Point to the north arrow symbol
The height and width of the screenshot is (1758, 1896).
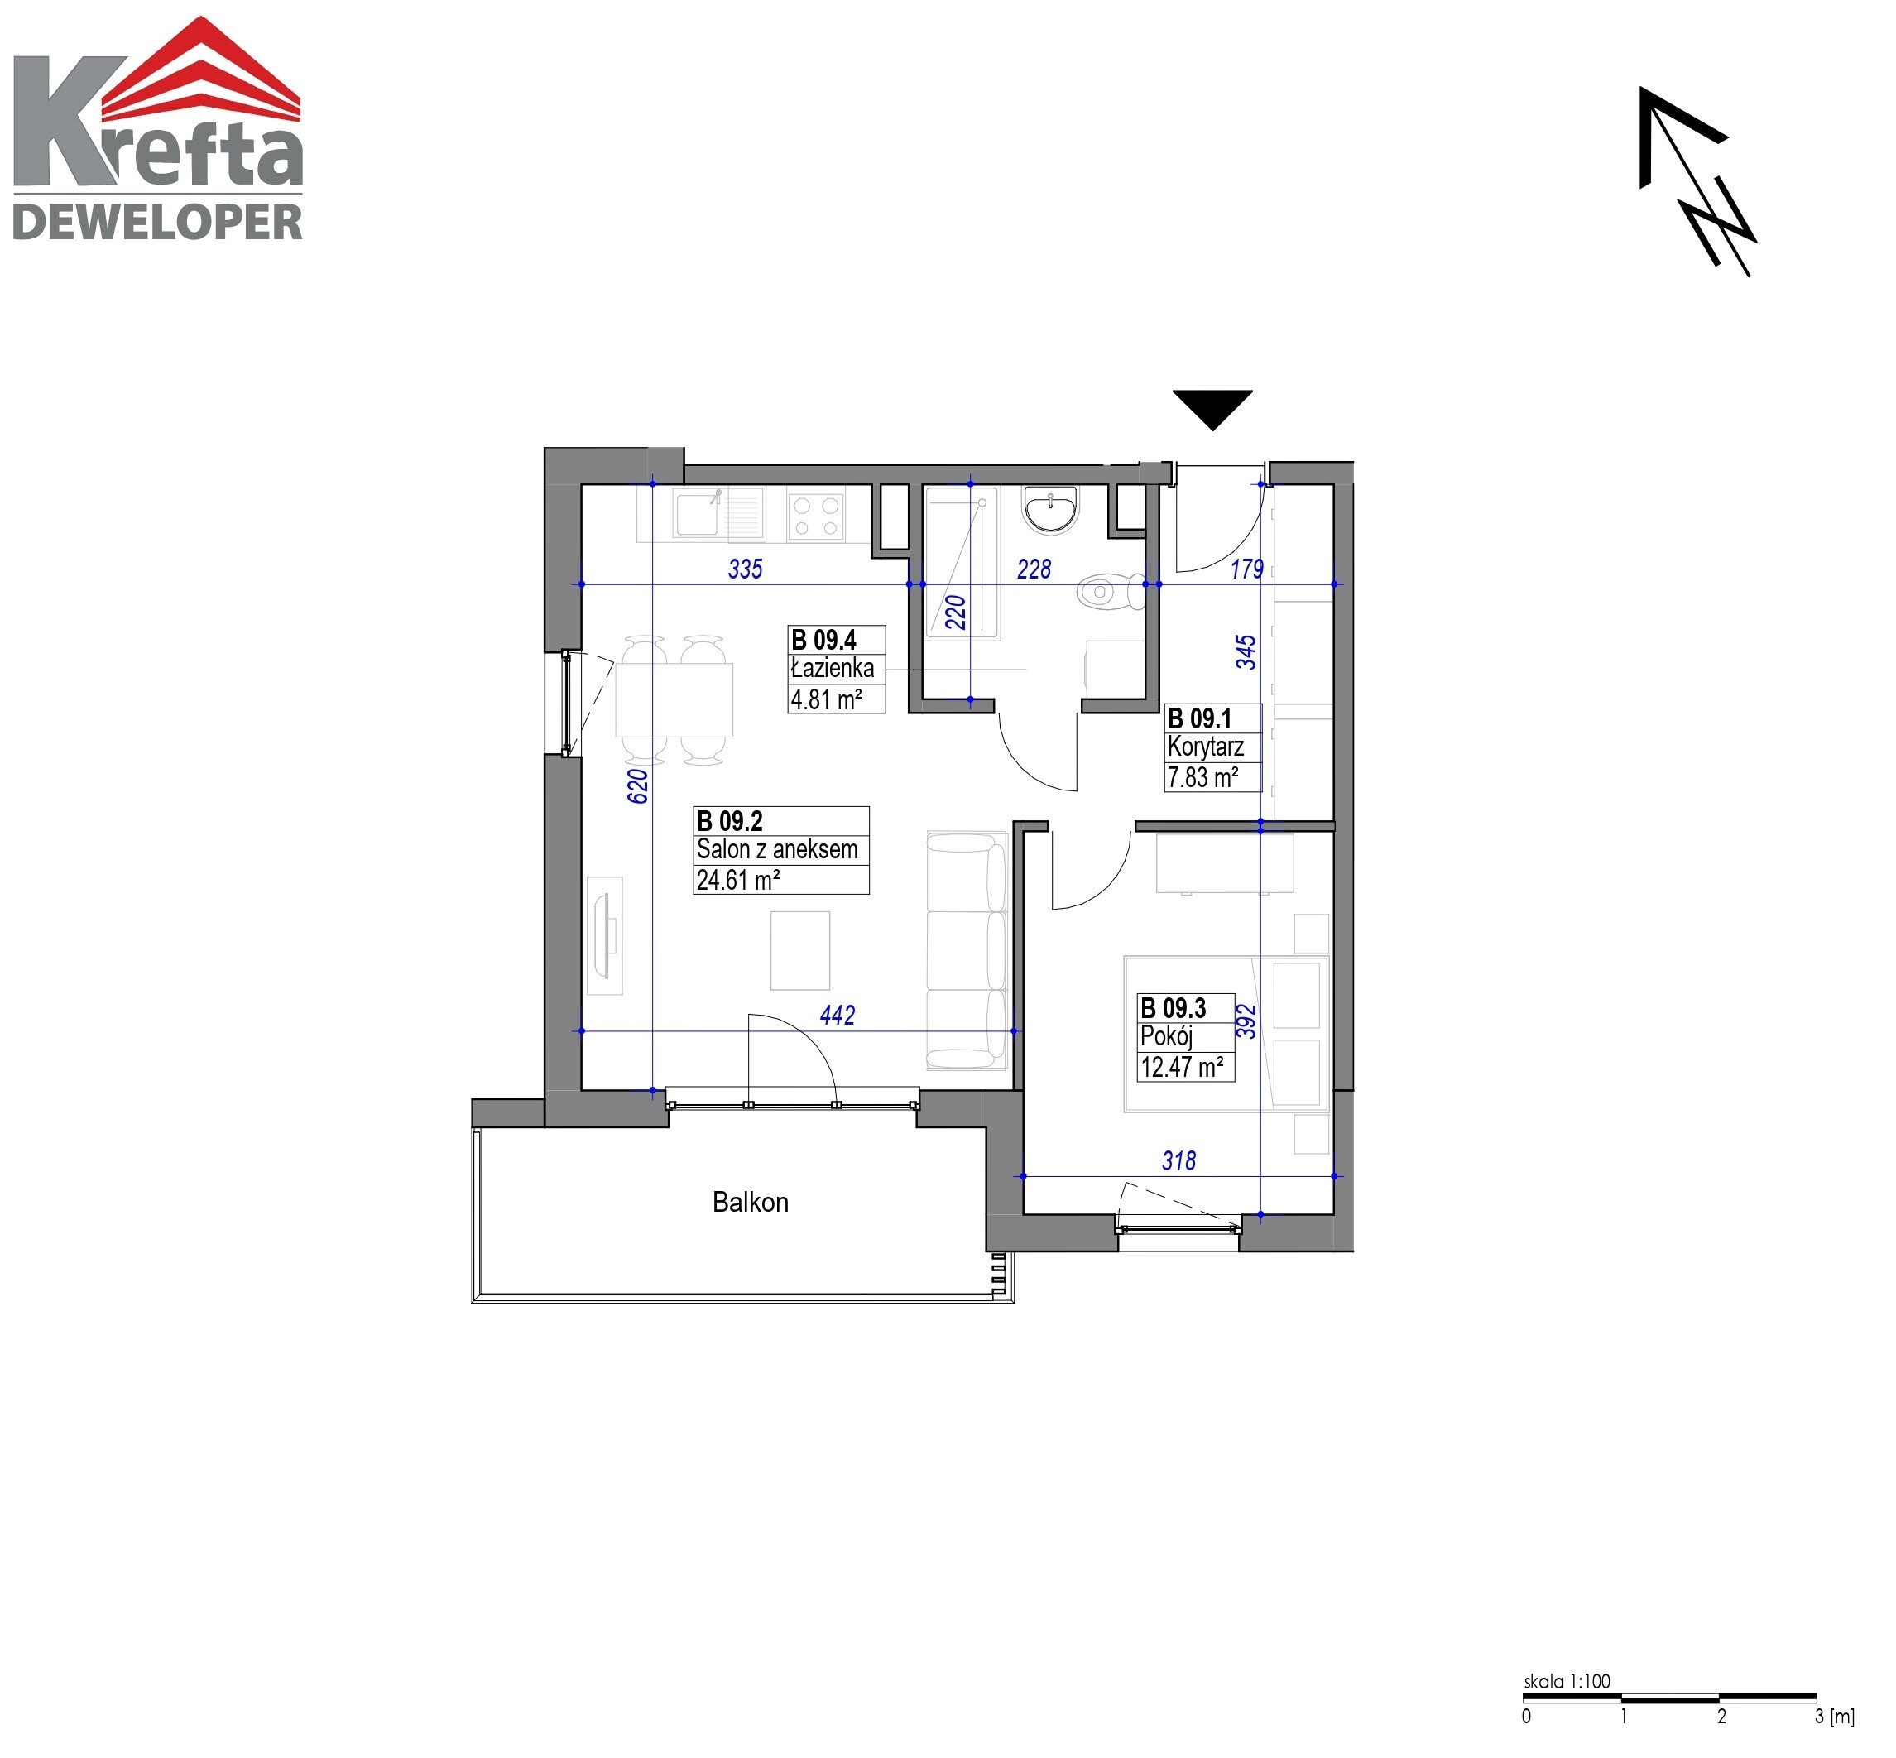pos(1697,180)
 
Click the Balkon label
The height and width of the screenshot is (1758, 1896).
pos(751,1203)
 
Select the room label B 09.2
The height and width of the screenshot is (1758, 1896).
pos(730,821)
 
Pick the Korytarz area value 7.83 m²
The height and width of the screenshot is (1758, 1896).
pos(1202,777)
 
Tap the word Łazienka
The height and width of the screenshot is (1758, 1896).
pos(833,668)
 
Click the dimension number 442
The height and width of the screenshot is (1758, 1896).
pos(838,1016)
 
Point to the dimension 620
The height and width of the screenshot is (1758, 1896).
pos(638,785)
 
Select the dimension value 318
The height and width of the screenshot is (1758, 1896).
pos(1178,1160)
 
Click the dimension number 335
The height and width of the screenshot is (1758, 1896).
pos(745,569)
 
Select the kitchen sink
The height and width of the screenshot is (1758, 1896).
pos(718,513)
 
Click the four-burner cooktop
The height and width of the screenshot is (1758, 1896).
pos(816,516)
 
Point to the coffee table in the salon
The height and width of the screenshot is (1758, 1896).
pos(800,950)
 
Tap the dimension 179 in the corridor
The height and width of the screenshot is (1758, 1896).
pos(1246,569)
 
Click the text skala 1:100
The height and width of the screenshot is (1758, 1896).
pos(1567,1681)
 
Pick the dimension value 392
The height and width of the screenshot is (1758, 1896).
pos(1246,1021)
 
